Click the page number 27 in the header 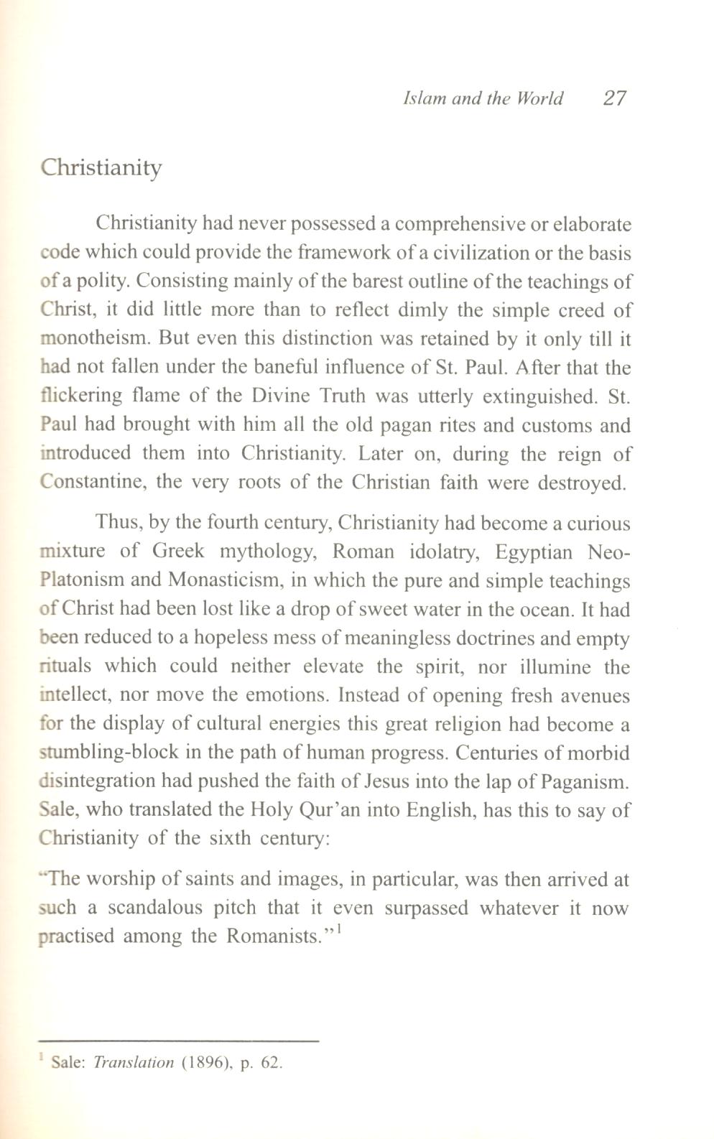click(x=614, y=98)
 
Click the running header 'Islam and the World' click(x=483, y=98)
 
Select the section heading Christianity click(x=101, y=168)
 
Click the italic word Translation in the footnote click(x=134, y=1063)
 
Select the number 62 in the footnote click(x=269, y=1063)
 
